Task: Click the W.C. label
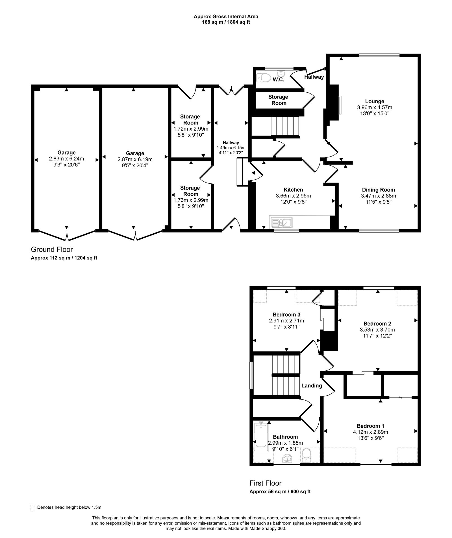[x=278, y=80]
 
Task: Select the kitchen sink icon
[x=282, y=223]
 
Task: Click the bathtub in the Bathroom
[x=260, y=436]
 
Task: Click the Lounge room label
[x=374, y=101]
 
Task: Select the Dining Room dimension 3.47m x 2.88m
[x=378, y=196]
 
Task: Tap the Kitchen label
[x=293, y=190]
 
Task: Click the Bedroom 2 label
[x=377, y=324]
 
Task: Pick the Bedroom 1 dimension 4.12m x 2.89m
[x=370, y=432]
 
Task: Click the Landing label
[x=311, y=386]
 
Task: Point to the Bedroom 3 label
[x=286, y=315]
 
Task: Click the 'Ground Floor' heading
[x=52, y=249]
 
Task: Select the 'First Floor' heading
[x=265, y=483]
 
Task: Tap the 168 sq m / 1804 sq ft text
[x=226, y=22]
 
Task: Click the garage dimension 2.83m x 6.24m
[x=66, y=159]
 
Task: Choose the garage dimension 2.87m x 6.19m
[x=135, y=159]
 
